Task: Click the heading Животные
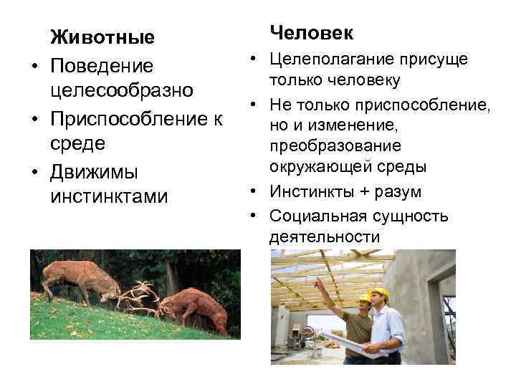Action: [102, 37]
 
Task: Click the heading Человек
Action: [312, 33]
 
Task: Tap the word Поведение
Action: [102, 66]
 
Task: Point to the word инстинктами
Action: [109, 196]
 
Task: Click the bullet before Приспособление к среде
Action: [34, 118]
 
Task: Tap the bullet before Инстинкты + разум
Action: [254, 192]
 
